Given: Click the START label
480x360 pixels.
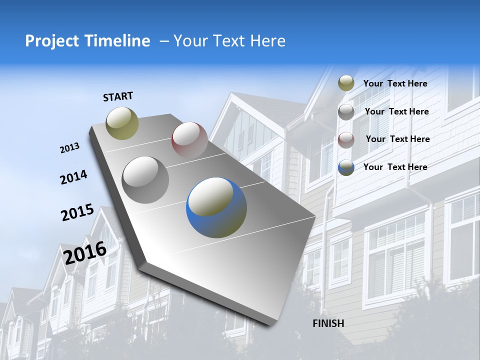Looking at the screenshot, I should pyautogui.click(x=118, y=96).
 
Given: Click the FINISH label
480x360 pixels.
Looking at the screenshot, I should pyautogui.click(x=328, y=323).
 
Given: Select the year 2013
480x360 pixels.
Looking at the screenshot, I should pyautogui.click(x=70, y=147).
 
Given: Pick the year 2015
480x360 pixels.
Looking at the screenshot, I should pyautogui.click(x=77, y=212).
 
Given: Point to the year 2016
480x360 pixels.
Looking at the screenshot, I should pyautogui.click(x=85, y=252).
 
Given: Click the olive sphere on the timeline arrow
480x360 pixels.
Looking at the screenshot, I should pyautogui.click(x=122, y=123).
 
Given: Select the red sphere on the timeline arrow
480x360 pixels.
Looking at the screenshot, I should pyautogui.click(x=189, y=140).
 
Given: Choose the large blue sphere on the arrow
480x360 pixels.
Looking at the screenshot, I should pyautogui.click(x=216, y=207).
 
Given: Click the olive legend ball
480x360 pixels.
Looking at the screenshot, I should pyautogui.click(x=346, y=83).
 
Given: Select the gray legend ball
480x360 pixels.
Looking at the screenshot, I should pyautogui.click(x=346, y=112).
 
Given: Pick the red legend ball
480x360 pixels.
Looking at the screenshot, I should pyautogui.click(x=346, y=140).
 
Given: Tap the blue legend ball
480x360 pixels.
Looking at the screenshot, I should pyautogui.click(x=346, y=167).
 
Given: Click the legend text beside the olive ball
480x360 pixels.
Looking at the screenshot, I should pyautogui.click(x=395, y=83).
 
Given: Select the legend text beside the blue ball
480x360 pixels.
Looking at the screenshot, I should pyautogui.click(x=395, y=167).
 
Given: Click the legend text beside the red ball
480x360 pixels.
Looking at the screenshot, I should pyautogui.click(x=397, y=139).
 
